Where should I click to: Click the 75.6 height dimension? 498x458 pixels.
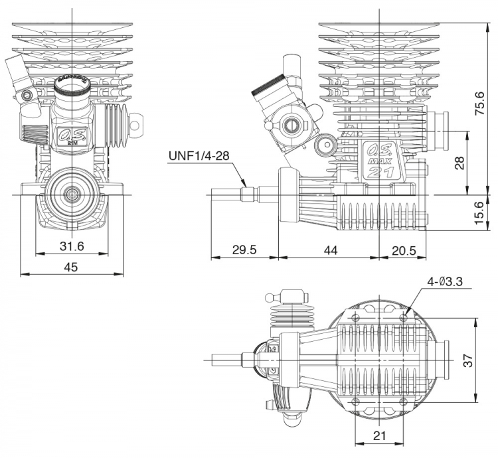click(x=478, y=103)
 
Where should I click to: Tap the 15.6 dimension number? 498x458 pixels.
click(x=478, y=212)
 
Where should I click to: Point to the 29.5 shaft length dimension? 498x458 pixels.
click(x=244, y=250)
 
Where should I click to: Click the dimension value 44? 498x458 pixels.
click(x=331, y=250)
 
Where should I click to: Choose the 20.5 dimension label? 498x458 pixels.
click(x=404, y=251)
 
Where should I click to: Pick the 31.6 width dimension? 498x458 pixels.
click(x=72, y=246)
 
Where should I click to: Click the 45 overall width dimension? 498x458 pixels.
click(x=70, y=267)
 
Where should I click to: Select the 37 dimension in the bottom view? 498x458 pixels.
click(x=467, y=360)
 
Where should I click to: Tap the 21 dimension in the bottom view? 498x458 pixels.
click(x=379, y=435)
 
